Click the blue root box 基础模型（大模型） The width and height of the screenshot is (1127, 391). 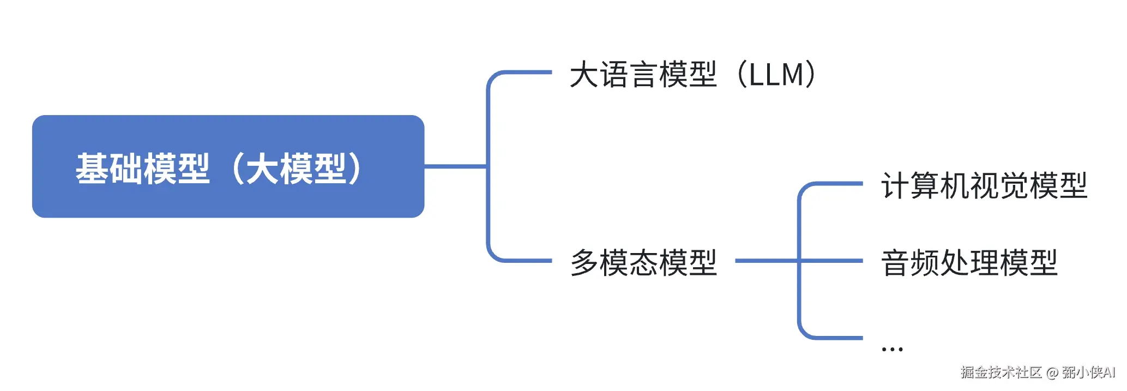coord(228,166)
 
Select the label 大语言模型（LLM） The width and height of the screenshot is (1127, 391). coord(692,75)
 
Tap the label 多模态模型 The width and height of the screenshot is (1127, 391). coord(643,262)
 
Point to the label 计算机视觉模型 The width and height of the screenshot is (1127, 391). coord(984,185)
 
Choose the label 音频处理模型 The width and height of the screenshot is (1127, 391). coord(969,262)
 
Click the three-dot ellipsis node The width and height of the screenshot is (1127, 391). coord(892,348)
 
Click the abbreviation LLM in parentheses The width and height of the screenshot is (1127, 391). coord(776,75)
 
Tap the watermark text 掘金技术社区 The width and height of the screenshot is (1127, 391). coord(1001,372)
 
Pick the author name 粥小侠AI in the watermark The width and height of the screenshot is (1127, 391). coord(1088,372)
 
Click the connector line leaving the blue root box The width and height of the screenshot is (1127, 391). coord(455,166)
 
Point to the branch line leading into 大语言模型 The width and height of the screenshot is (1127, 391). coord(523,72)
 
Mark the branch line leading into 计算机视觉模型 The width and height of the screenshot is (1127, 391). coord(834,184)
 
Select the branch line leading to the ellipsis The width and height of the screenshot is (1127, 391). coord(834,338)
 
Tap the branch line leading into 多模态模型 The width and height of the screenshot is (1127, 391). coord(523,261)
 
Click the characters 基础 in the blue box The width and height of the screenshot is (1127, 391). coord(109,168)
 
